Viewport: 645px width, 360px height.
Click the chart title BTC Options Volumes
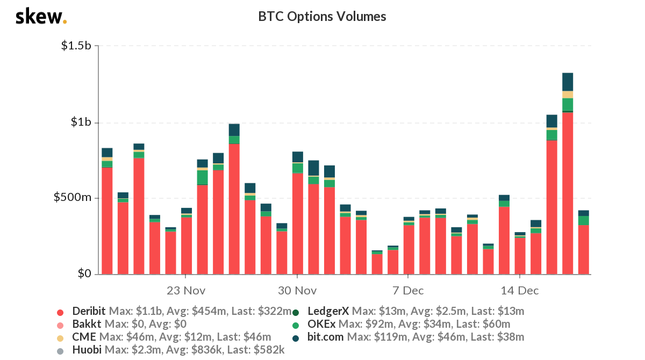[x=322, y=17]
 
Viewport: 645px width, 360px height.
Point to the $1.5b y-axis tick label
[x=76, y=46]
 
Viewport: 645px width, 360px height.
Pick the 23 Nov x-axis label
[x=185, y=291]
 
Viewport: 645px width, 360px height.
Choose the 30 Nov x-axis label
[x=297, y=291]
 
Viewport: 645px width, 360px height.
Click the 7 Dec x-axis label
[x=408, y=291]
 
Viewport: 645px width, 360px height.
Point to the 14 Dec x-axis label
[x=519, y=291]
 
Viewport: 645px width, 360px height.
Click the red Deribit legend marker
[x=60, y=312]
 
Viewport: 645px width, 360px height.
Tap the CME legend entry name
[x=84, y=337]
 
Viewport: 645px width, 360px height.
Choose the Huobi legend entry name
[x=88, y=350]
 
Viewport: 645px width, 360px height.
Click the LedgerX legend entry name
[x=328, y=311]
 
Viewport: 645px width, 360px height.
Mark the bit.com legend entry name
[x=326, y=337]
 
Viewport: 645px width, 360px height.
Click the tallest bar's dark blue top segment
[x=568, y=82]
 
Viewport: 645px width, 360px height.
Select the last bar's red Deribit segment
[x=583, y=249]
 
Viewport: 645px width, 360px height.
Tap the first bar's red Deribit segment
[x=107, y=221]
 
